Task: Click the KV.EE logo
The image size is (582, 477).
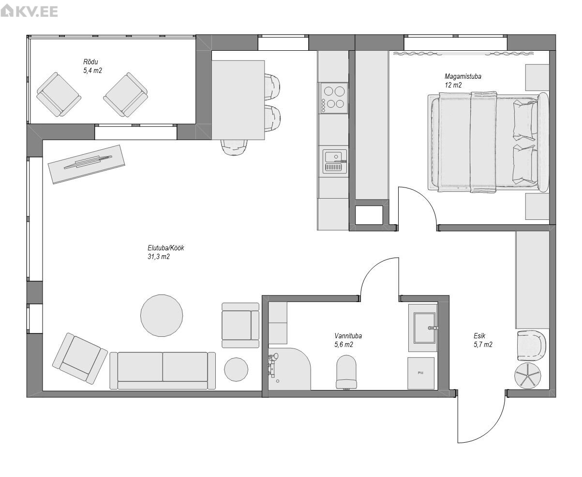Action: click(29, 11)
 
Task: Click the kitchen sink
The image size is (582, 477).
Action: click(334, 161)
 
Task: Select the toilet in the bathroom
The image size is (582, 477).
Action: click(346, 372)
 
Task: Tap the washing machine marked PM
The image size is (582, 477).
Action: click(421, 373)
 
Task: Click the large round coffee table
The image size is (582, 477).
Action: click(162, 316)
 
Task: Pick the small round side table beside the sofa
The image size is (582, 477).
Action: click(236, 369)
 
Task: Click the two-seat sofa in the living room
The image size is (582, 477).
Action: click(163, 371)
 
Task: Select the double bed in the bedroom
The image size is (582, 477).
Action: click(488, 142)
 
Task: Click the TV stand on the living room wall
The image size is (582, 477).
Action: click(87, 164)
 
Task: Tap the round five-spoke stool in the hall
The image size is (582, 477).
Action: click(528, 376)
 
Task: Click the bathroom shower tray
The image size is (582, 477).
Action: click(289, 369)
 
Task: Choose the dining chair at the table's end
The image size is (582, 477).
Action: click(234, 147)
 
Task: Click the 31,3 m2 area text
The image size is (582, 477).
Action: click(158, 257)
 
